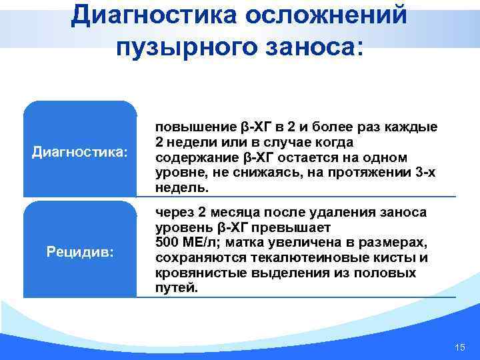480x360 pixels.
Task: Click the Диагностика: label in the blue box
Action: pos(79,151)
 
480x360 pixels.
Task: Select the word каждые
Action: pos(414,128)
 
